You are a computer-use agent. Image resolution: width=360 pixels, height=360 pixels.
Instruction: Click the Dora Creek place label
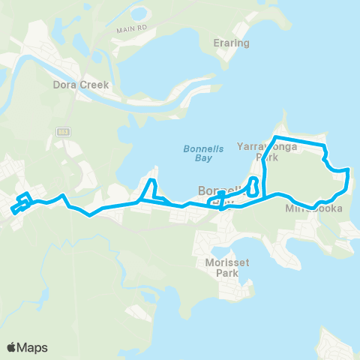pos(81,85)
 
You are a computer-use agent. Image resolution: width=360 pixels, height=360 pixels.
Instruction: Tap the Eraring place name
pos(231,43)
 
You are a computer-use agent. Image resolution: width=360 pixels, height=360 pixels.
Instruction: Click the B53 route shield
pos(62,130)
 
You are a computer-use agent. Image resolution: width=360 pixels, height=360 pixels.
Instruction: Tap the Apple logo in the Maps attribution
pos(12,347)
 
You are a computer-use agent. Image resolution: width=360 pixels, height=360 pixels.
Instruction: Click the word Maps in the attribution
pos(33,347)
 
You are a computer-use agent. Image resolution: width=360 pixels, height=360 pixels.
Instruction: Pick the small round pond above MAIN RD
pos(139,13)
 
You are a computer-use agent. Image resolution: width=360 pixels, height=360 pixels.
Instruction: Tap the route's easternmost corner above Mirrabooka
pos(348,171)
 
